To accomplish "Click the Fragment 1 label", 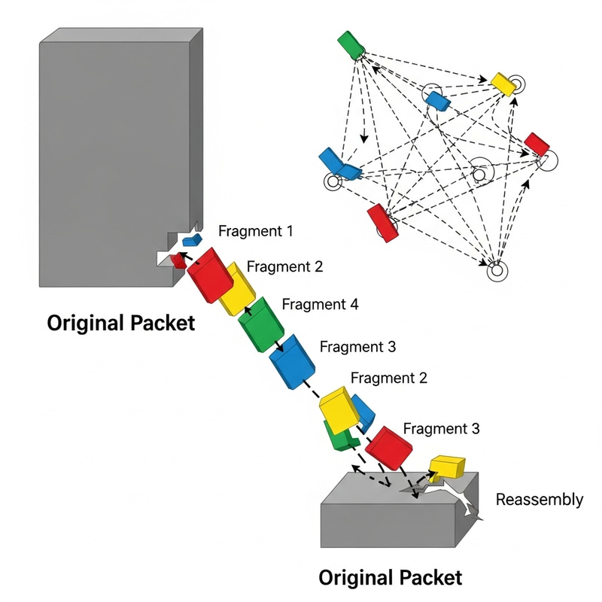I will pos(256,231).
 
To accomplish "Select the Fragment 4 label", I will pos(320,305).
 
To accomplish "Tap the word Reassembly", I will pos(539,500).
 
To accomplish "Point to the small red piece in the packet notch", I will pos(178,260).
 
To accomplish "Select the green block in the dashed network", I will pos(351,44).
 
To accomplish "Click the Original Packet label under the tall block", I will pos(121,324).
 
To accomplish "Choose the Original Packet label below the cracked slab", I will pos(391,578).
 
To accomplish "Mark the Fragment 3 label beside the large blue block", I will pos(357,347).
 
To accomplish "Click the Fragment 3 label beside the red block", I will pos(442,429).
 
